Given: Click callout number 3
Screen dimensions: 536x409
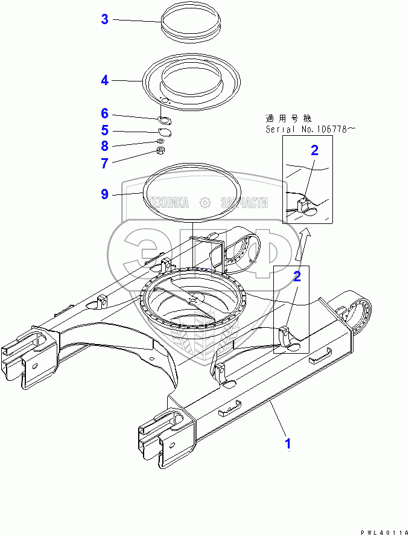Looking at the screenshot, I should pos(104,19).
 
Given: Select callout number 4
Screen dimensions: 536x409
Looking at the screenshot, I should pos(104,80).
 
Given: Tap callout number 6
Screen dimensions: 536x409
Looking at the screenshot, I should pos(104,113).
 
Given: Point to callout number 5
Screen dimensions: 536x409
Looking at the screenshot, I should pos(104,130).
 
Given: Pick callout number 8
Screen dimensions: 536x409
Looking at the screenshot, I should pos(104,145).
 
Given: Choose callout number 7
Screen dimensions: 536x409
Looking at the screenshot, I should pos(104,163).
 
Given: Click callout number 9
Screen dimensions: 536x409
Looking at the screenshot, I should pos(104,194).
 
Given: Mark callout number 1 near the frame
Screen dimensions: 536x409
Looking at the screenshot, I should pos(288,444).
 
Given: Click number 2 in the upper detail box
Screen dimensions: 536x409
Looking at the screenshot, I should pos(314,150).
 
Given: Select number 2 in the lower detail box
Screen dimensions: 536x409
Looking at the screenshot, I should pos(296,276).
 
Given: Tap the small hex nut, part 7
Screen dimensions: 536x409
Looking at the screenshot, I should pos(161,151).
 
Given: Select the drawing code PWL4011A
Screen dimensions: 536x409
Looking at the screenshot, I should pos(381,532).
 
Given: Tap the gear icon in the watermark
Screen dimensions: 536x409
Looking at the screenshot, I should pos(206,202).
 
